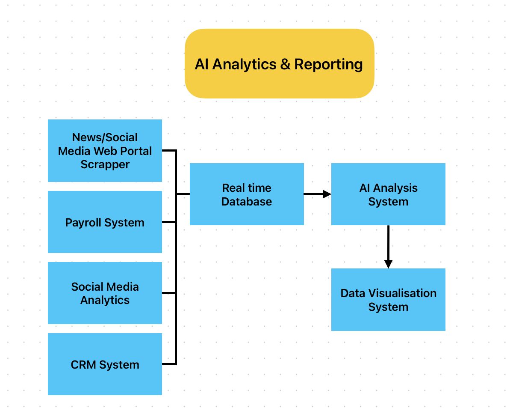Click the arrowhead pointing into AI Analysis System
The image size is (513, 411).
tap(327, 194)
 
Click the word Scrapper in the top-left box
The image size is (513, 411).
tap(105, 164)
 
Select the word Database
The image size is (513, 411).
tap(247, 202)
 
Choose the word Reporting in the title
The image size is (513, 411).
tap(328, 64)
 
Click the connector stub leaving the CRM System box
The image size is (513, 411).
tap(169, 364)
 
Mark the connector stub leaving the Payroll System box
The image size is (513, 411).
tap(169, 222)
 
